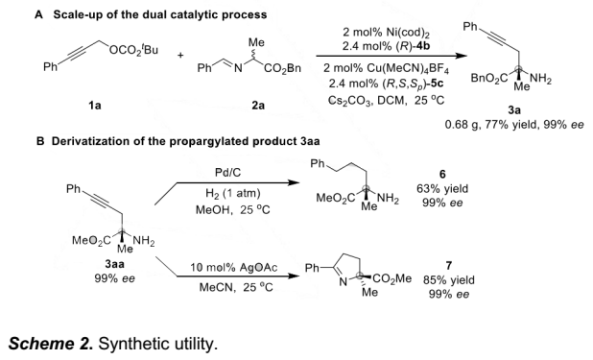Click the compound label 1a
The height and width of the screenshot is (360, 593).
(x=95, y=106)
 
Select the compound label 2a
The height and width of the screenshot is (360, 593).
(x=258, y=106)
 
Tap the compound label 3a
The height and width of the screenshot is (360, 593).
(x=514, y=110)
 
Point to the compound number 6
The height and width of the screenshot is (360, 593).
(x=442, y=174)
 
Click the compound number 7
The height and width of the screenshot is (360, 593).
(x=448, y=265)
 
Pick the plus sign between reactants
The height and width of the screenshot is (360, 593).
(x=180, y=56)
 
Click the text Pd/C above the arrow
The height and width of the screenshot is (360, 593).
(x=227, y=173)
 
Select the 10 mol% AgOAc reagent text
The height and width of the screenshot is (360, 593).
(x=233, y=268)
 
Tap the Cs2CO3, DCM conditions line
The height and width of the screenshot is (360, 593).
(x=386, y=100)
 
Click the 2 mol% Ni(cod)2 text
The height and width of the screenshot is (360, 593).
(x=386, y=33)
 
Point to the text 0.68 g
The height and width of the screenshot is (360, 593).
(x=461, y=125)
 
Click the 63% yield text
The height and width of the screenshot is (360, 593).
(x=442, y=188)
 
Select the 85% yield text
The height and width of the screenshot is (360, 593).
(x=448, y=280)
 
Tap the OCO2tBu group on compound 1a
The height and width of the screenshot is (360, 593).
(x=134, y=50)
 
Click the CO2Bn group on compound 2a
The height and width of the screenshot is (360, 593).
(x=282, y=68)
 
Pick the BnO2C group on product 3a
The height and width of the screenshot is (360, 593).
(x=486, y=79)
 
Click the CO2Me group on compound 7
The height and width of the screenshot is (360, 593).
(x=392, y=278)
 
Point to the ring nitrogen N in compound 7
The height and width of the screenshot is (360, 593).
(x=343, y=282)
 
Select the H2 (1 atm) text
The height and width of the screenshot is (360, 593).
(x=233, y=193)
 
